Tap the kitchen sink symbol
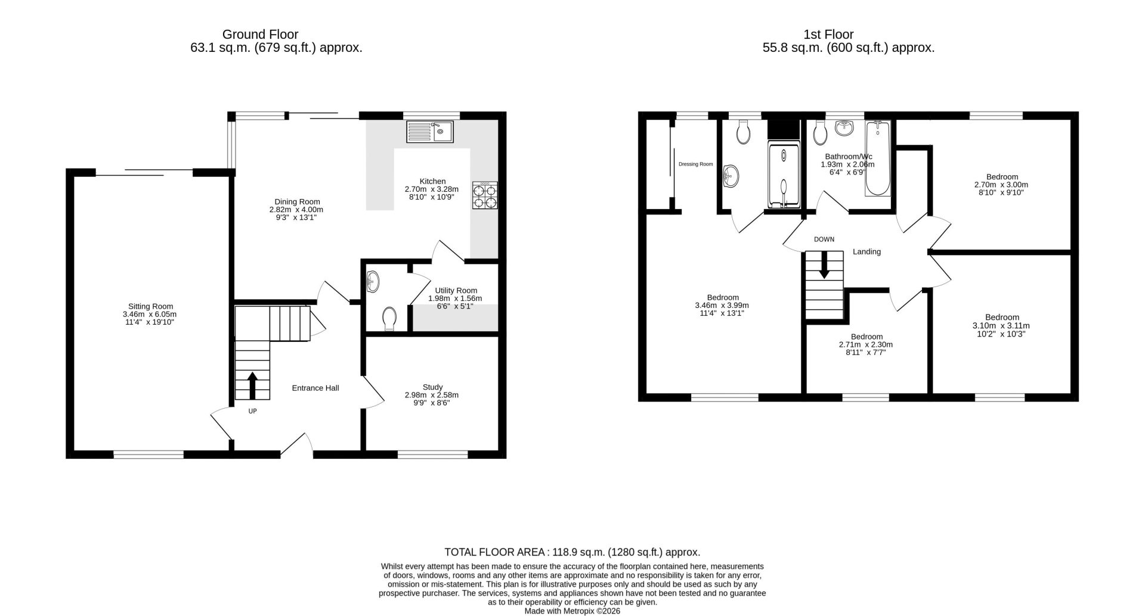[430, 132]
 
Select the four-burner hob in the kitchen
[485, 195]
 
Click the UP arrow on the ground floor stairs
[252, 385]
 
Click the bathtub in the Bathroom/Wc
[877, 158]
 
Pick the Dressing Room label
[695, 164]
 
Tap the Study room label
[432, 387]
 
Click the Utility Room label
[456, 290]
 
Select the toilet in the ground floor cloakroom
[390, 318]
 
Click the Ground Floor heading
[260, 35]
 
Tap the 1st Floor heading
[828, 35]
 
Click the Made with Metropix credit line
[572, 611]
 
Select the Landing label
[867, 252]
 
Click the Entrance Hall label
[315, 388]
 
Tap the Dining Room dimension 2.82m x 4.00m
[296, 210]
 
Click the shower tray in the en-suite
[783, 175]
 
